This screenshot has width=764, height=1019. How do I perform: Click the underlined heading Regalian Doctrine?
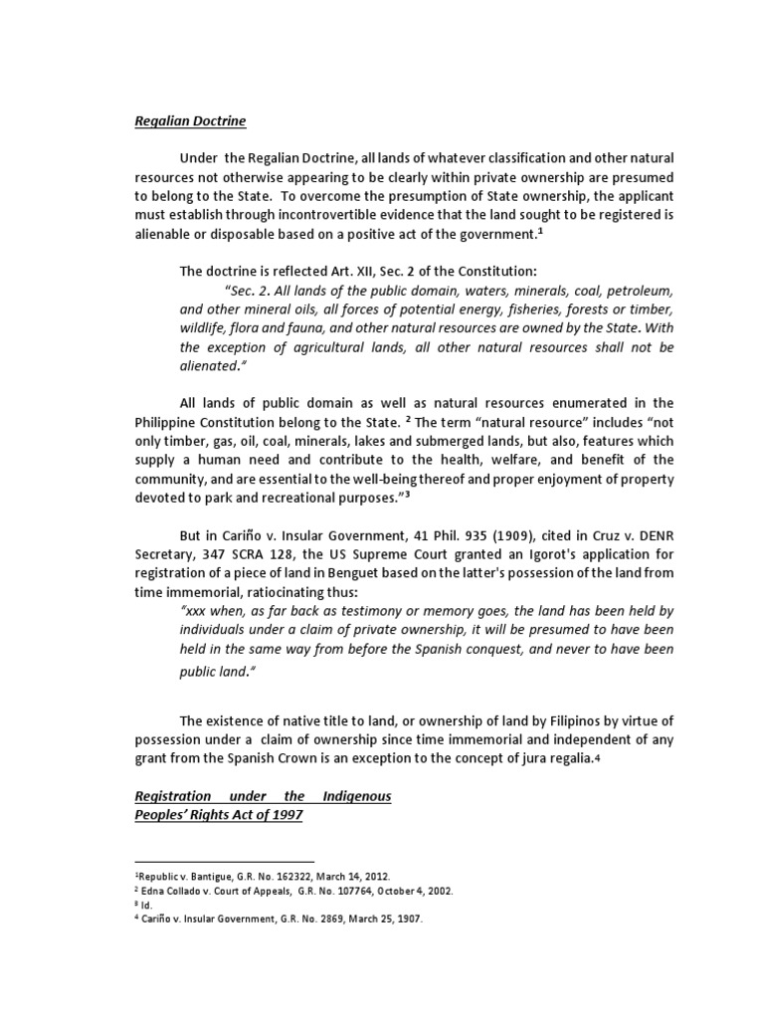190,121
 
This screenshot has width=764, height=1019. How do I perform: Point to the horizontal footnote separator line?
224,861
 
